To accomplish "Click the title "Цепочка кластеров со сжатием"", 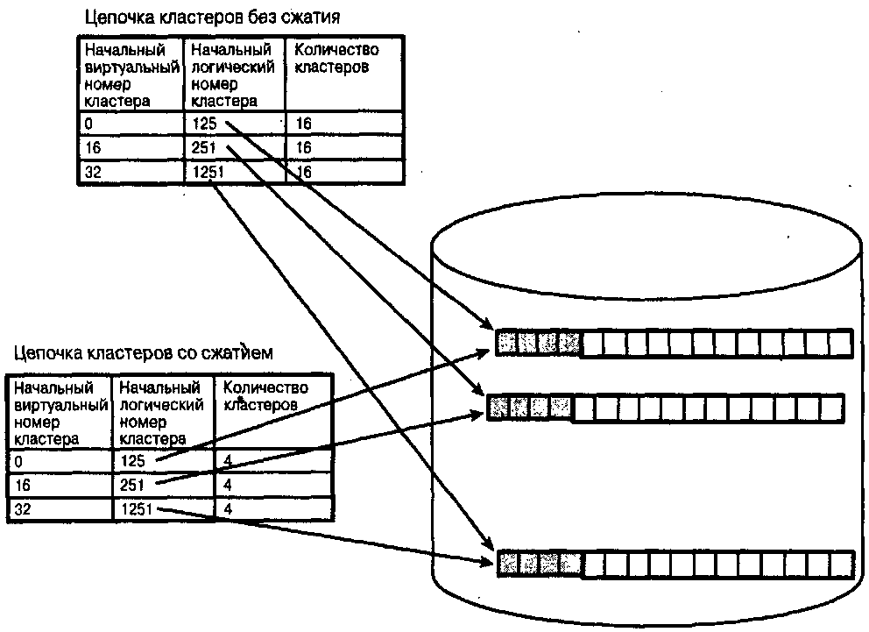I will (x=144, y=354).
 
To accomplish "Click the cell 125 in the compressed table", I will (x=133, y=460).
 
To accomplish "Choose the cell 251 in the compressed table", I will (x=133, y=484).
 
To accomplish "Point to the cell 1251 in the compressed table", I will (x=138, y=508).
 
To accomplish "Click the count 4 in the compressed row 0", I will (x=228, y=460).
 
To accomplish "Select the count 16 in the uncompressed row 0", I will (x=304, y=124).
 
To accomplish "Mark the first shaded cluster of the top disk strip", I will (x=507, y=343).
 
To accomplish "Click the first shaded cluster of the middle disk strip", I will (x=498, y=407).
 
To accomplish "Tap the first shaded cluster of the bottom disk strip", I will (x=508, y=563).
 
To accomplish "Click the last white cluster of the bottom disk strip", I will (x=844, y=563).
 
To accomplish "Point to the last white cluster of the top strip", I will (x=840, y=343).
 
